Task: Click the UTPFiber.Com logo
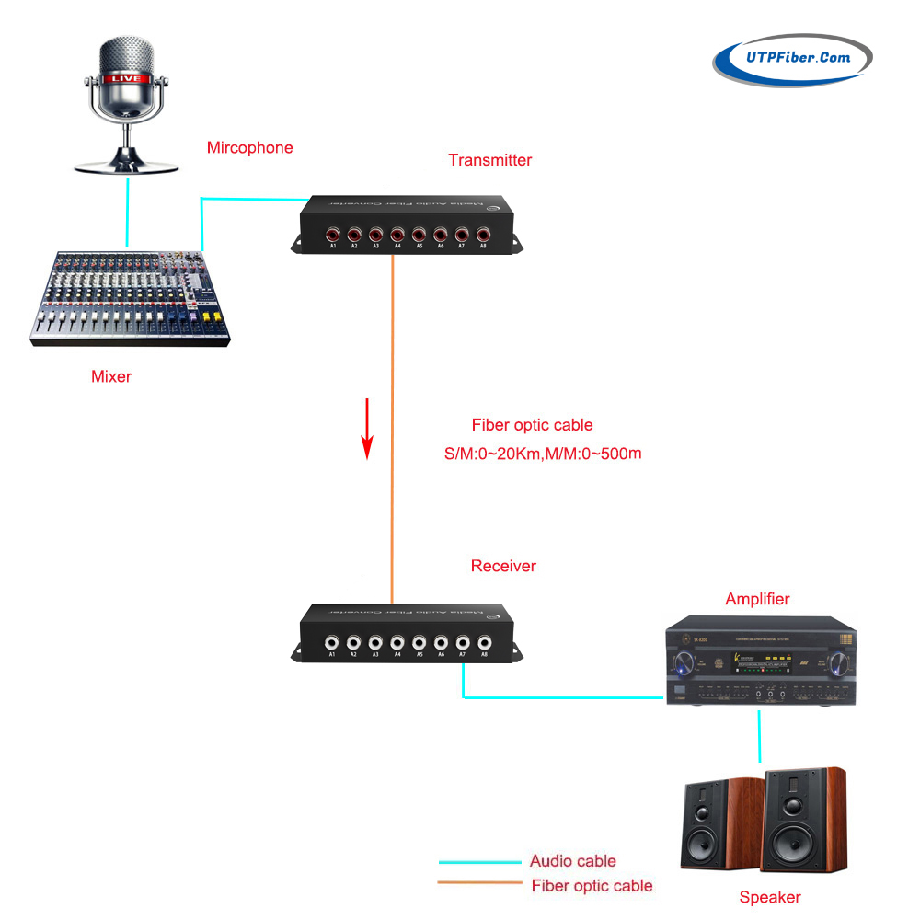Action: pos(792,60)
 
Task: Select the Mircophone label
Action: pos(249,147)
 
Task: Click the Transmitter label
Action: pos(489,160)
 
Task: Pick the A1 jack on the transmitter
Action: pos(332,234)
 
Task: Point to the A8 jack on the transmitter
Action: pos(482,234)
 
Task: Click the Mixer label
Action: pos(111,375)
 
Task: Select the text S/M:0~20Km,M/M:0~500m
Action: pos(543,454)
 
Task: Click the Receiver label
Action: pos(503,566)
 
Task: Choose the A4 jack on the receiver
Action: pos(397,642)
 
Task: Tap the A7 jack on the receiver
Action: pos(463,642)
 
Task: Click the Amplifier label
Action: pos(757,599)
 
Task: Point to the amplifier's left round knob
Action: pos(684,661)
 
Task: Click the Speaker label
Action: pos(770,897)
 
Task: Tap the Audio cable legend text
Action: pos(572,861)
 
